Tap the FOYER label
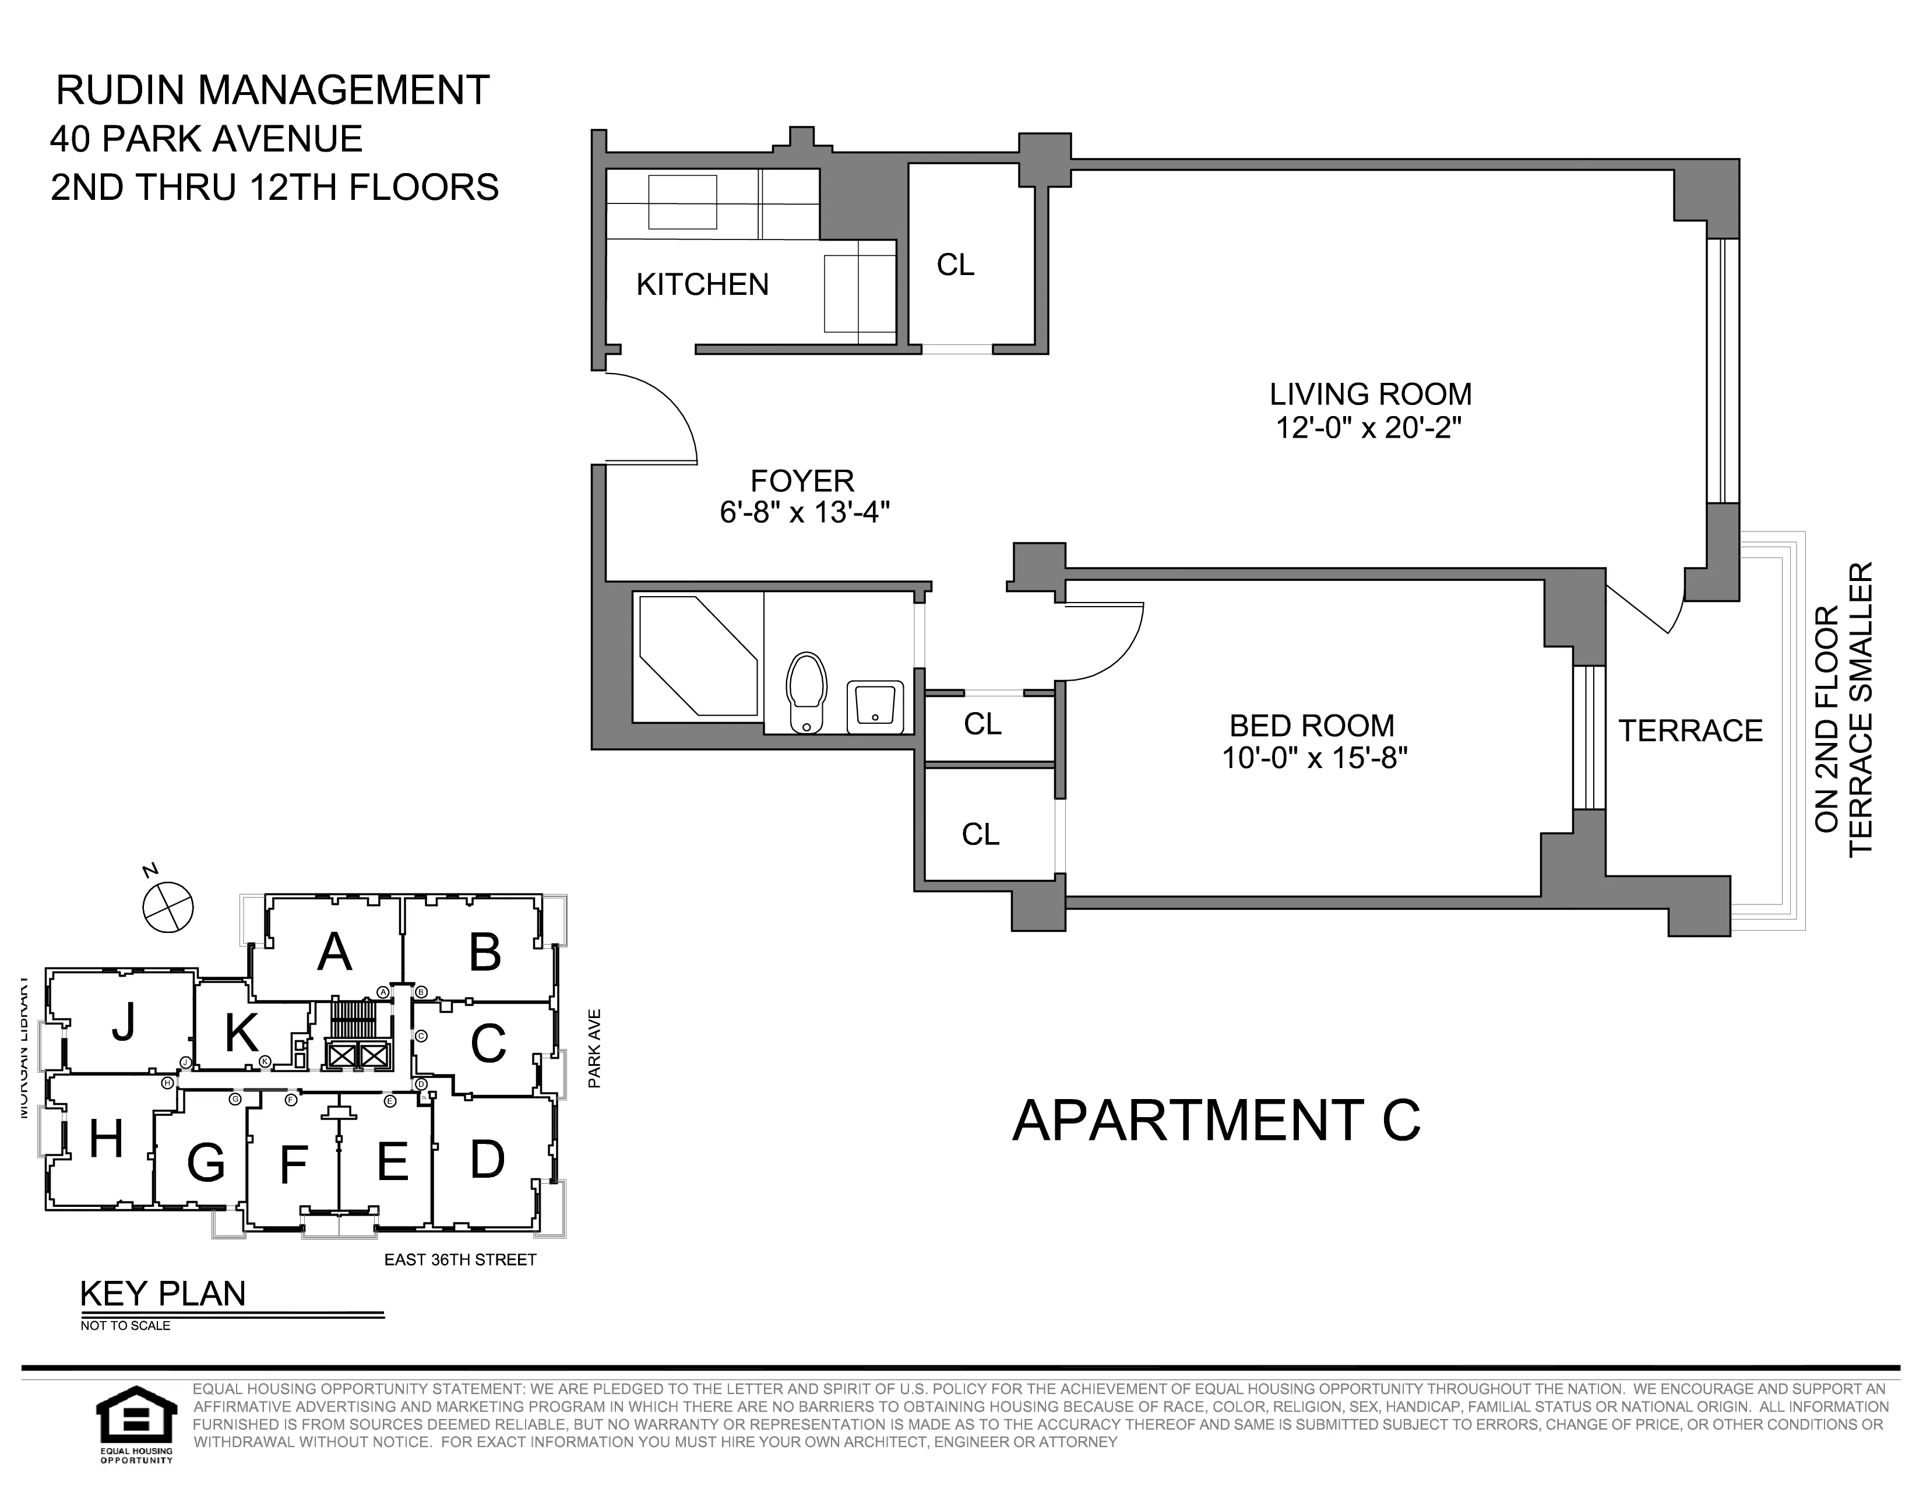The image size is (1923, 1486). pos(802,481)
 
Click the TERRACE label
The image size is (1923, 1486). pos(1690,731)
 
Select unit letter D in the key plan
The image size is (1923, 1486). pos(487,1160)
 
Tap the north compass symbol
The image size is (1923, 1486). pos(168,907)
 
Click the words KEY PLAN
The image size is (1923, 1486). pos(163,1293)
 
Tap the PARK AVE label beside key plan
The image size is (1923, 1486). pos(594,1048)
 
